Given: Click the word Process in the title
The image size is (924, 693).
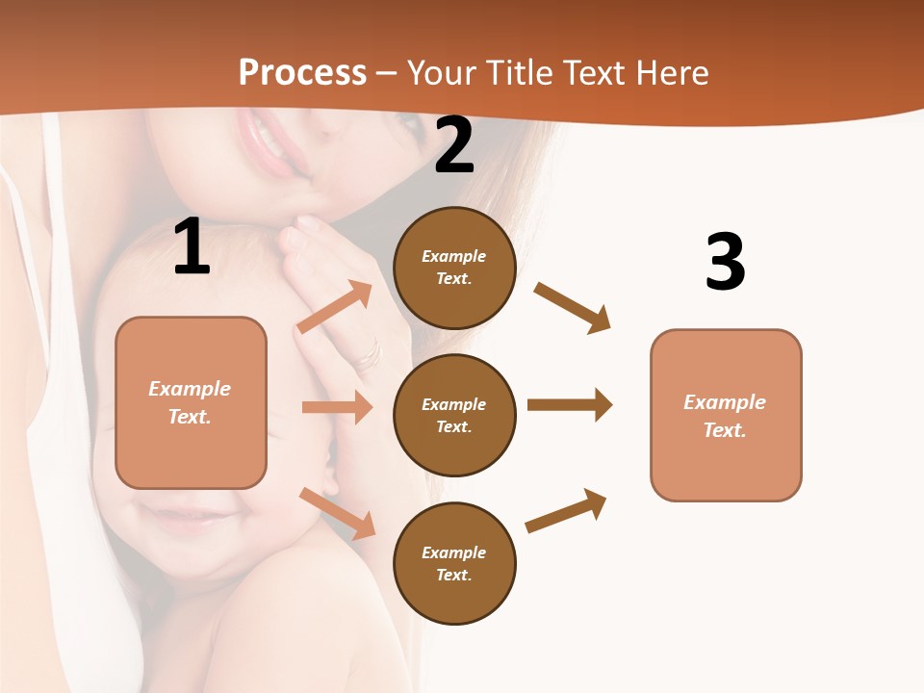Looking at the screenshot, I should pyautogui.click(x=302, y=72).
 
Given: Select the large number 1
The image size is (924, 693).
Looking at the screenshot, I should pyautogui.click(x=192, y=247).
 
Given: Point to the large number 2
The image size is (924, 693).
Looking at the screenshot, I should pyautogui.click(x=454, y=145).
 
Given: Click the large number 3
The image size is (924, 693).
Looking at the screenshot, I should pyautogui.click(x=725, y=262).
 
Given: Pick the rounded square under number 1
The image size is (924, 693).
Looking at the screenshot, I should pyautogui.click(x=191, y=402).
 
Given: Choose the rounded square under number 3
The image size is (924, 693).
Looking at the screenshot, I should pyautogui.click(x=726, y=415).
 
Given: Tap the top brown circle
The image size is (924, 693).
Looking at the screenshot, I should pyautogui.click(x=454, y=268).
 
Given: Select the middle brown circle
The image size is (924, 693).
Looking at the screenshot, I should pyautogui.click(x=454, y=415).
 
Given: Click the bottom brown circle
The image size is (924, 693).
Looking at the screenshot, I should pyautogui.click(x=454, y=563).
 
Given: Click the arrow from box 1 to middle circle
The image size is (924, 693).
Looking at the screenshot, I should pyautogui.click(x=337, y=407).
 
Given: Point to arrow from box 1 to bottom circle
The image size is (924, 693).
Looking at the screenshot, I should pyautogui.click(x=338, y=513).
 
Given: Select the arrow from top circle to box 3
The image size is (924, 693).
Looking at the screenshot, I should pyautogui.click(x=573, y=308).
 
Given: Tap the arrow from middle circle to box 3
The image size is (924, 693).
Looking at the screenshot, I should pyautogui.click(x=570, y=404).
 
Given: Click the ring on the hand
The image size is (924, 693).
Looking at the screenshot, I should pyautogui.click(x=369, y=354).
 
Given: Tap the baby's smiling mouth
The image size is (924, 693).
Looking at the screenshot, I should pyautogui.click(x=188, y=520).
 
